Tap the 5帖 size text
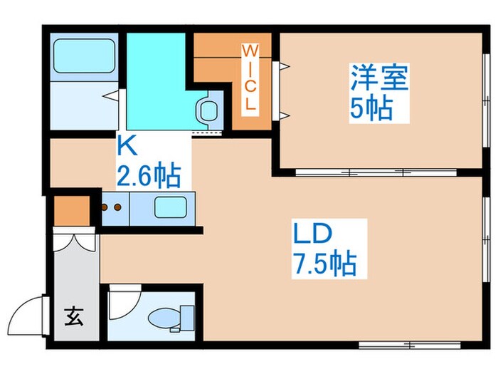point(371,108)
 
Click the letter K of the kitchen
point(126,147)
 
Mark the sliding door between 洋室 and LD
point(349,172)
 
